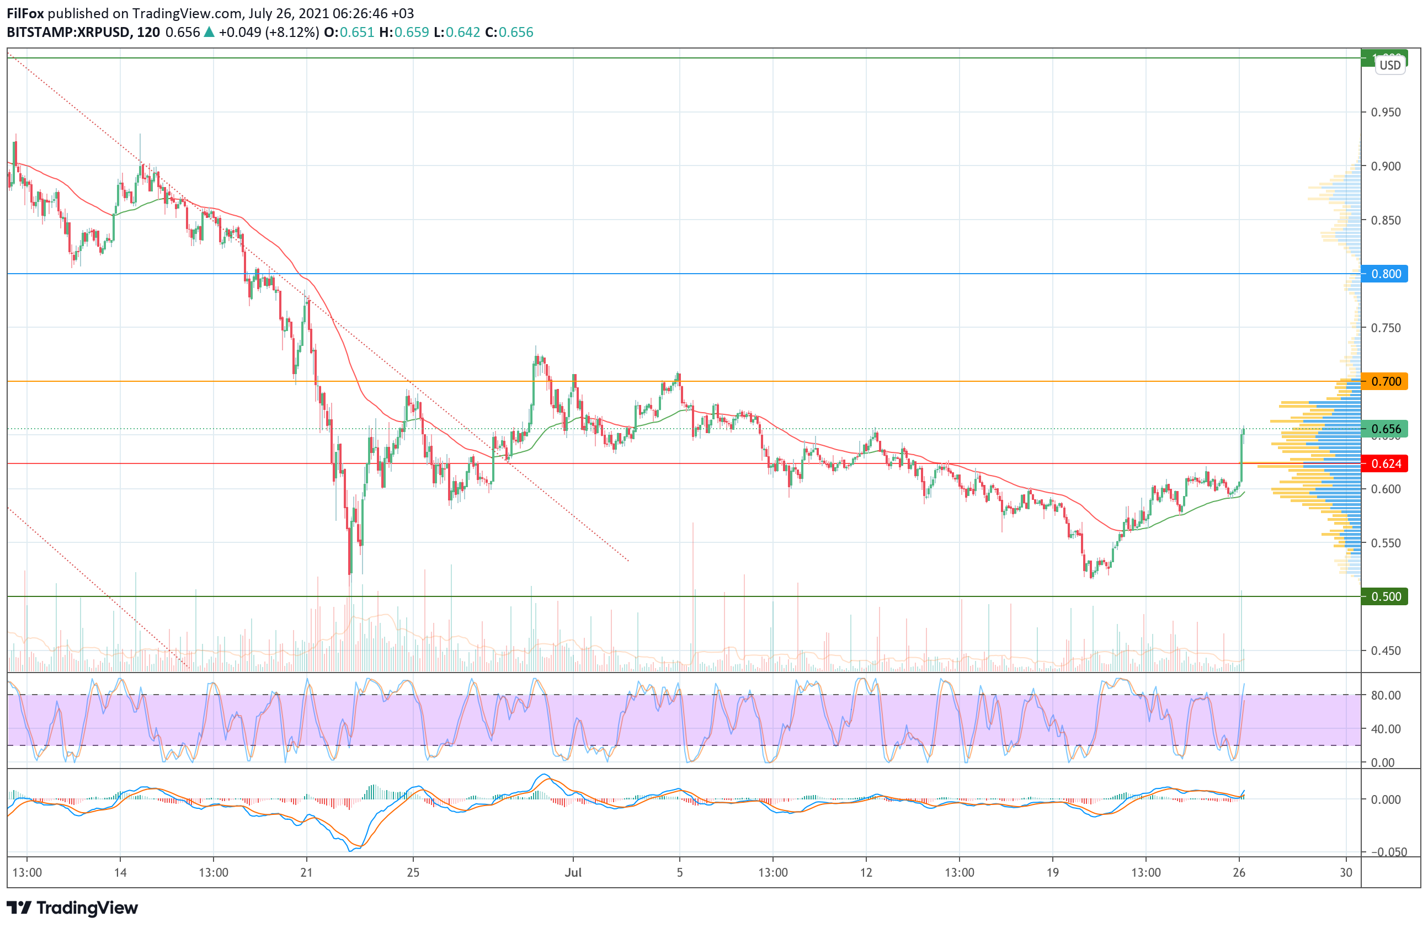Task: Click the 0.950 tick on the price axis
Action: click(1386, 112)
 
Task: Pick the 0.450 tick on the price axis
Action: click(1386, 650)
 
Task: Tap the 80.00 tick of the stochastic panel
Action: click(1386, 695)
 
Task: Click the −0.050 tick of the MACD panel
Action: click(1386, 852)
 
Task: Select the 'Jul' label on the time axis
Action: click(573, 872)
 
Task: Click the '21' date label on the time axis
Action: click(307, 872)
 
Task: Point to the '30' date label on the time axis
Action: click(1346, 872)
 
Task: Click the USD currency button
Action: click(1389, 65)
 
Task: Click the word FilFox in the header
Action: click(25, 13)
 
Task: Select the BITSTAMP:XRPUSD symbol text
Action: click(68, 33)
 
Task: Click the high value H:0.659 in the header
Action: click(404, 33)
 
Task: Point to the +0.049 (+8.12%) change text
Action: click(268, 33)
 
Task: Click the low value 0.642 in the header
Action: click(462, 33)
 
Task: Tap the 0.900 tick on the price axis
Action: click(1386, 166)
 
